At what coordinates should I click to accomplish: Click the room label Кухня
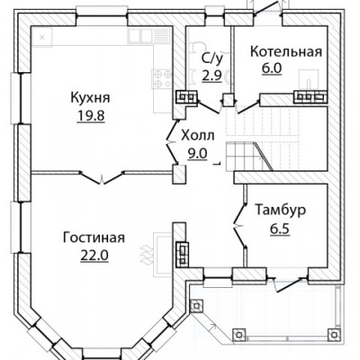[90, 98]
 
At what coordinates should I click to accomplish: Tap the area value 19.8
[91, 116]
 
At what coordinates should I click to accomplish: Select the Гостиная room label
[94, 238]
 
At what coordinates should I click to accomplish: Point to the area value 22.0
[94, 256]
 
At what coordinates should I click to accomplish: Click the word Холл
[198, 136]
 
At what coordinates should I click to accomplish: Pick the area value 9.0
[198, 154]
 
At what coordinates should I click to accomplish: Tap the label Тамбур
[281, 210]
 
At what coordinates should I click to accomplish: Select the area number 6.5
[280, 229]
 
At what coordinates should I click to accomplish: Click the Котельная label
[286, 51]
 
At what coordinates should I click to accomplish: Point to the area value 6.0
[272, 69]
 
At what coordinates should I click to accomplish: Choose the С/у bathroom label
[212, 58]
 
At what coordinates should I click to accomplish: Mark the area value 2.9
[211, 76]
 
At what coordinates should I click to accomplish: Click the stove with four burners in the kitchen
[162, 78]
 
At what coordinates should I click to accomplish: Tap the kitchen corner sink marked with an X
[42, 37]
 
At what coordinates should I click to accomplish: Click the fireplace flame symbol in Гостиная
[146, 254]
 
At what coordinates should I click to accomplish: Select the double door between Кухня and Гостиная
[103, 177]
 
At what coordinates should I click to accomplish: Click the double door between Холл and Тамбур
[240, 225]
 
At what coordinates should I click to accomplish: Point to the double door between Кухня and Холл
[173, 141]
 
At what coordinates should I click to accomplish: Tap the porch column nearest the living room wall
[196, 306]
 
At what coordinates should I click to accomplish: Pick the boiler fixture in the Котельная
[308, 78]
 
